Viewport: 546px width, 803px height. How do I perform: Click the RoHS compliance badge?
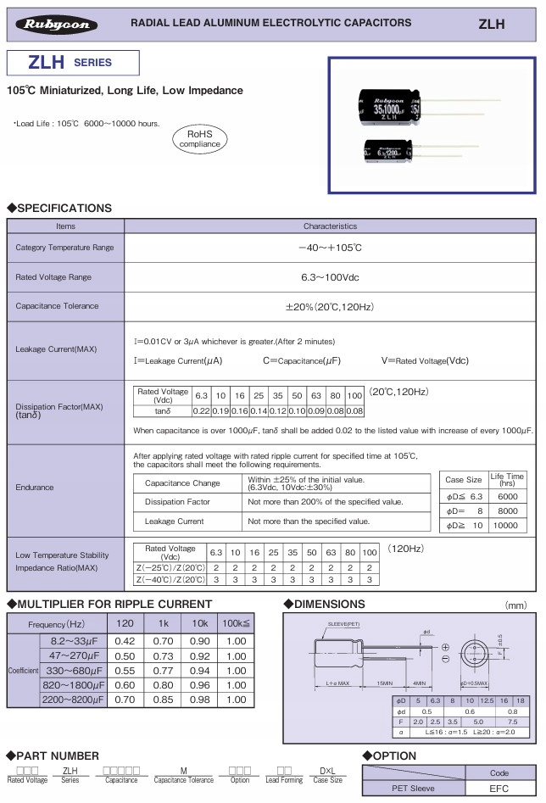click(199, 139)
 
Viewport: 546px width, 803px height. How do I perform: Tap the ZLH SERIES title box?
click(70, 63)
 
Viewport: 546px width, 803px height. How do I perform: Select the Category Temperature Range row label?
click(64, 248)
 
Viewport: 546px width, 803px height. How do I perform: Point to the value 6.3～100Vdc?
click(330, 277)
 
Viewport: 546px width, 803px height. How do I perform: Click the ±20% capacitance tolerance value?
click(330, 306)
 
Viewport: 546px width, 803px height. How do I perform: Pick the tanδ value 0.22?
click(201, 411)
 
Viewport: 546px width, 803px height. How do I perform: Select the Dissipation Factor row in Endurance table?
click(177, 502)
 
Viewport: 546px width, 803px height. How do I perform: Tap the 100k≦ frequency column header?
click(235, 623)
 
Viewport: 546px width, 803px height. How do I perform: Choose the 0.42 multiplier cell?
click(125, 642)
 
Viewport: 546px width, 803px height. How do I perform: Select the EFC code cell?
click(499, 789)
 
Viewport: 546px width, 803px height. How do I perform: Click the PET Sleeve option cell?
click(413, 789)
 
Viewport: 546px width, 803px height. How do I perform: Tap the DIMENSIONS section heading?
click(329, 605)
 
